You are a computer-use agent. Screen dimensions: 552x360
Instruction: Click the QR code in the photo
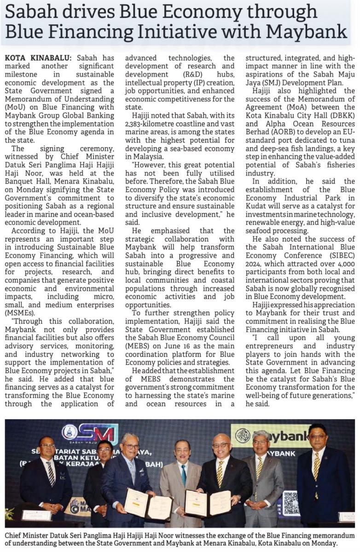click(x=290, y=503)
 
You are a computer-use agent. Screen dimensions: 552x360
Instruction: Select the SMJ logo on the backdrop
click(x=90, y=434)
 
